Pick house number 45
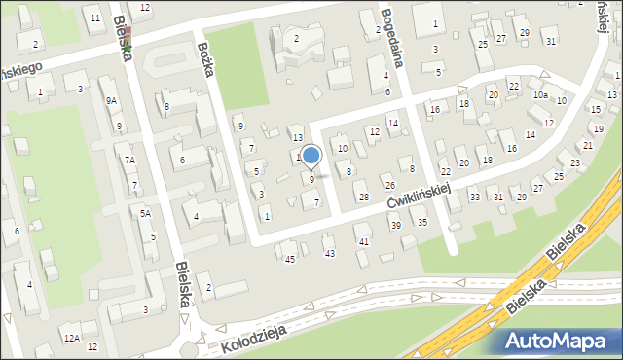289,258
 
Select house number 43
329,253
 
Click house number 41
363,240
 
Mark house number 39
396,225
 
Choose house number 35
422,223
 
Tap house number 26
389,186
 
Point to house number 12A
71,338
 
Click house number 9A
111,100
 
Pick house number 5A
144,213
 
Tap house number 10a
540,95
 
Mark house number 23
575,163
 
